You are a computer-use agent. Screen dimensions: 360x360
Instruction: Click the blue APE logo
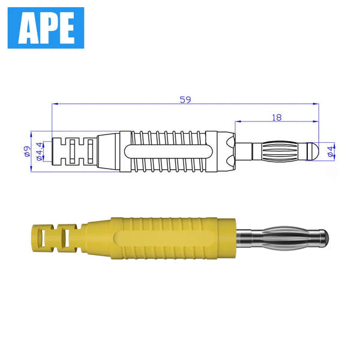pos(46,28)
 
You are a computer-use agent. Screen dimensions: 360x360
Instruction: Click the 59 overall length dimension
pos(185,100)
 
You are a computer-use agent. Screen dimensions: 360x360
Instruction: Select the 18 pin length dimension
pos(277,118)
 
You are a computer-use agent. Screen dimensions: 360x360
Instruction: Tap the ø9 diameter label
pos(27,151)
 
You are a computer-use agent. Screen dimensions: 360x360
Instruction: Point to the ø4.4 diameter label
pos(40,151)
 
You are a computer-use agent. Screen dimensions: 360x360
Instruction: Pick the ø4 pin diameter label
pos(331,151)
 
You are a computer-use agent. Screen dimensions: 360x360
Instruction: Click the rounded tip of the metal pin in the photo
pos(324,238)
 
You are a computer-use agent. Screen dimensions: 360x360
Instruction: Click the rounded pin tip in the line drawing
pos(313,151)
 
